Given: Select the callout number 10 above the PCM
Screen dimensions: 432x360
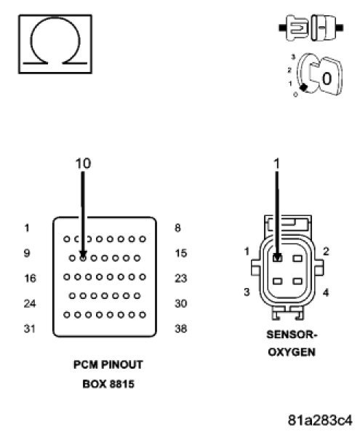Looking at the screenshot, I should (x=84, y=164).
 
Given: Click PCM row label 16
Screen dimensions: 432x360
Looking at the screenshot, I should (x=29, y=278).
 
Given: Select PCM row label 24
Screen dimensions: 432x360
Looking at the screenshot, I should (x=29, y=303).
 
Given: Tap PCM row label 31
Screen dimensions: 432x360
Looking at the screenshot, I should (x=29, y=329).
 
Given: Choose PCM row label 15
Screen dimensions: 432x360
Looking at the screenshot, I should (x=182, y=253).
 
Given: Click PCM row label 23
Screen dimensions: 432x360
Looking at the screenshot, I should (x=182, y=278).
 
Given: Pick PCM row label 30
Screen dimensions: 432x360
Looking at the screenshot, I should (x=182, y=303).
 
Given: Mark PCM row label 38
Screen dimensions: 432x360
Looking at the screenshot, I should (x=182, y=329).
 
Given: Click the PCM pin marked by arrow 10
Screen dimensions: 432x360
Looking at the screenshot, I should (x=84, y=257).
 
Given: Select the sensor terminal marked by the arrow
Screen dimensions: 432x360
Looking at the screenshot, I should (x=277, y=257).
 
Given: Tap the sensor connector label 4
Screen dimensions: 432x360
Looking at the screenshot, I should (x=325, y=293).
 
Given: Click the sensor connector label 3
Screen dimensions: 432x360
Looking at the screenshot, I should (x=247, y=292).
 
